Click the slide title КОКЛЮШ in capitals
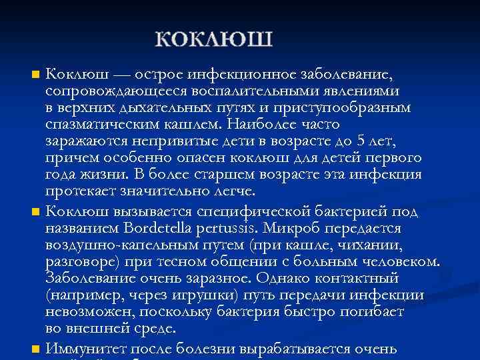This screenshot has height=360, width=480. tap(214, 38)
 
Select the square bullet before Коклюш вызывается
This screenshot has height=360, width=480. tap(35, 212)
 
